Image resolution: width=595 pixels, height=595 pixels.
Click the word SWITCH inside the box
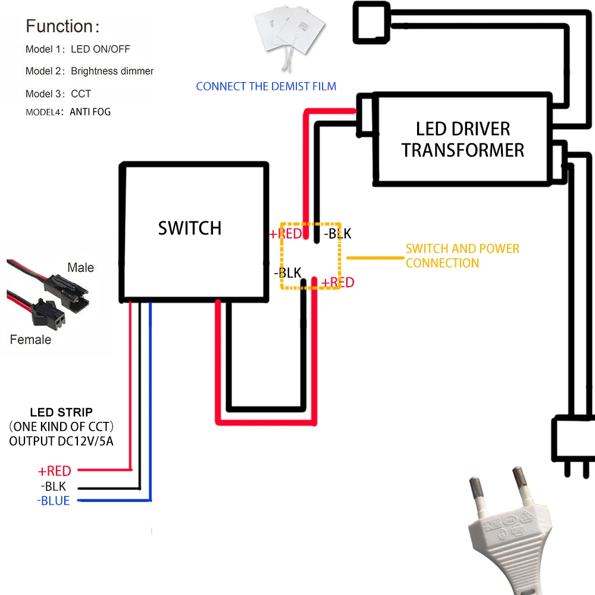[x=189, y=228]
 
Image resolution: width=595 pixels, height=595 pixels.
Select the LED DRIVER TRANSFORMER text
[x=462, y=139]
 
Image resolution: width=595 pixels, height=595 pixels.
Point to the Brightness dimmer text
[x=112, y=71]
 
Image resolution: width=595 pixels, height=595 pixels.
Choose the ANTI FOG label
[x=90, y=112]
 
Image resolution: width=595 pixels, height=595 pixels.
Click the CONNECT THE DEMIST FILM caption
[x=266, y=86]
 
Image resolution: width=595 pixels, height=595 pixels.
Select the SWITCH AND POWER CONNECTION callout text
[x=462, y=255]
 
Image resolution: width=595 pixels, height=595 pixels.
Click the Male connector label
[x=80, y=268]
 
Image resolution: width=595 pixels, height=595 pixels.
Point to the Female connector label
[x=30, y=340]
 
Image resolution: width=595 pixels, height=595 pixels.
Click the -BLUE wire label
[x=53, y=501]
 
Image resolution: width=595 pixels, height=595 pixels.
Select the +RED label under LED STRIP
[x=54, y=471]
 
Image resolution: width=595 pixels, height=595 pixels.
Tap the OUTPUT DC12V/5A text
[x=61, y=441]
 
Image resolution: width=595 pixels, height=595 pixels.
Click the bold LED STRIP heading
[x=61, y=412]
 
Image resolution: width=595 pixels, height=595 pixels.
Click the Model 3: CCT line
[x=58, y=93]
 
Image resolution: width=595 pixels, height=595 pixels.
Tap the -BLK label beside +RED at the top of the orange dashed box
[x=337, y=234]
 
